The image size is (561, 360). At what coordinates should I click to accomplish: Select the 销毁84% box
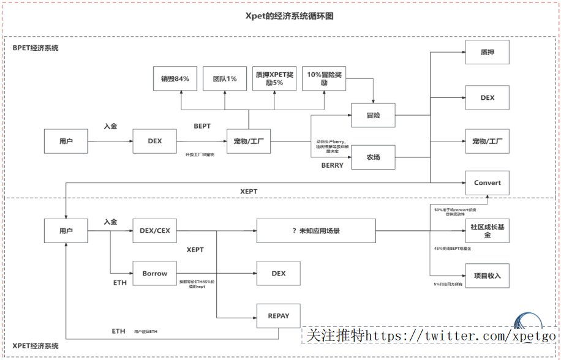(175, 79)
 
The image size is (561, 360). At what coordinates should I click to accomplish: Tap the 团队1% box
(225, 79)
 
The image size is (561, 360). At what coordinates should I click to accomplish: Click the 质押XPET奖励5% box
(274, 79)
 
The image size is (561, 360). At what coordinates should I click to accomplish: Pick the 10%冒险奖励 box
(324, 79)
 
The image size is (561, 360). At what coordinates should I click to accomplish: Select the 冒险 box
(373, 114)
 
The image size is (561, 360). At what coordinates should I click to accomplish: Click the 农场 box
(373, 157)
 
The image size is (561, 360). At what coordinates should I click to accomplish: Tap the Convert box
(488, 182)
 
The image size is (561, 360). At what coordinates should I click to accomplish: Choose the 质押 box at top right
(488, 53)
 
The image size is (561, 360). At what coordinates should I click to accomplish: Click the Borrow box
(154, 273)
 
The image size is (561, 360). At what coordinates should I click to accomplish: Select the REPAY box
(278, 317)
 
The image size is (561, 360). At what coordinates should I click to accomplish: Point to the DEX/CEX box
(154, 231)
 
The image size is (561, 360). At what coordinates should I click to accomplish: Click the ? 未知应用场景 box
(315, 231)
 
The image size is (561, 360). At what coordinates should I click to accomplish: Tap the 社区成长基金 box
(488, 231)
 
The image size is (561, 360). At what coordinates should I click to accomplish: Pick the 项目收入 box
(488, 276)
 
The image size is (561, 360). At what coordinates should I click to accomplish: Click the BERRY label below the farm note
(333, 165)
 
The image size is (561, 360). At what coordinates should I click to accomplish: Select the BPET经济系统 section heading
(36, 48)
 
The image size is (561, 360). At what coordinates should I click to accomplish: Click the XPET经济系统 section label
(36, 347)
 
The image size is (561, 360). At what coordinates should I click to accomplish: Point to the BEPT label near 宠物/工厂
(202, 126)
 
